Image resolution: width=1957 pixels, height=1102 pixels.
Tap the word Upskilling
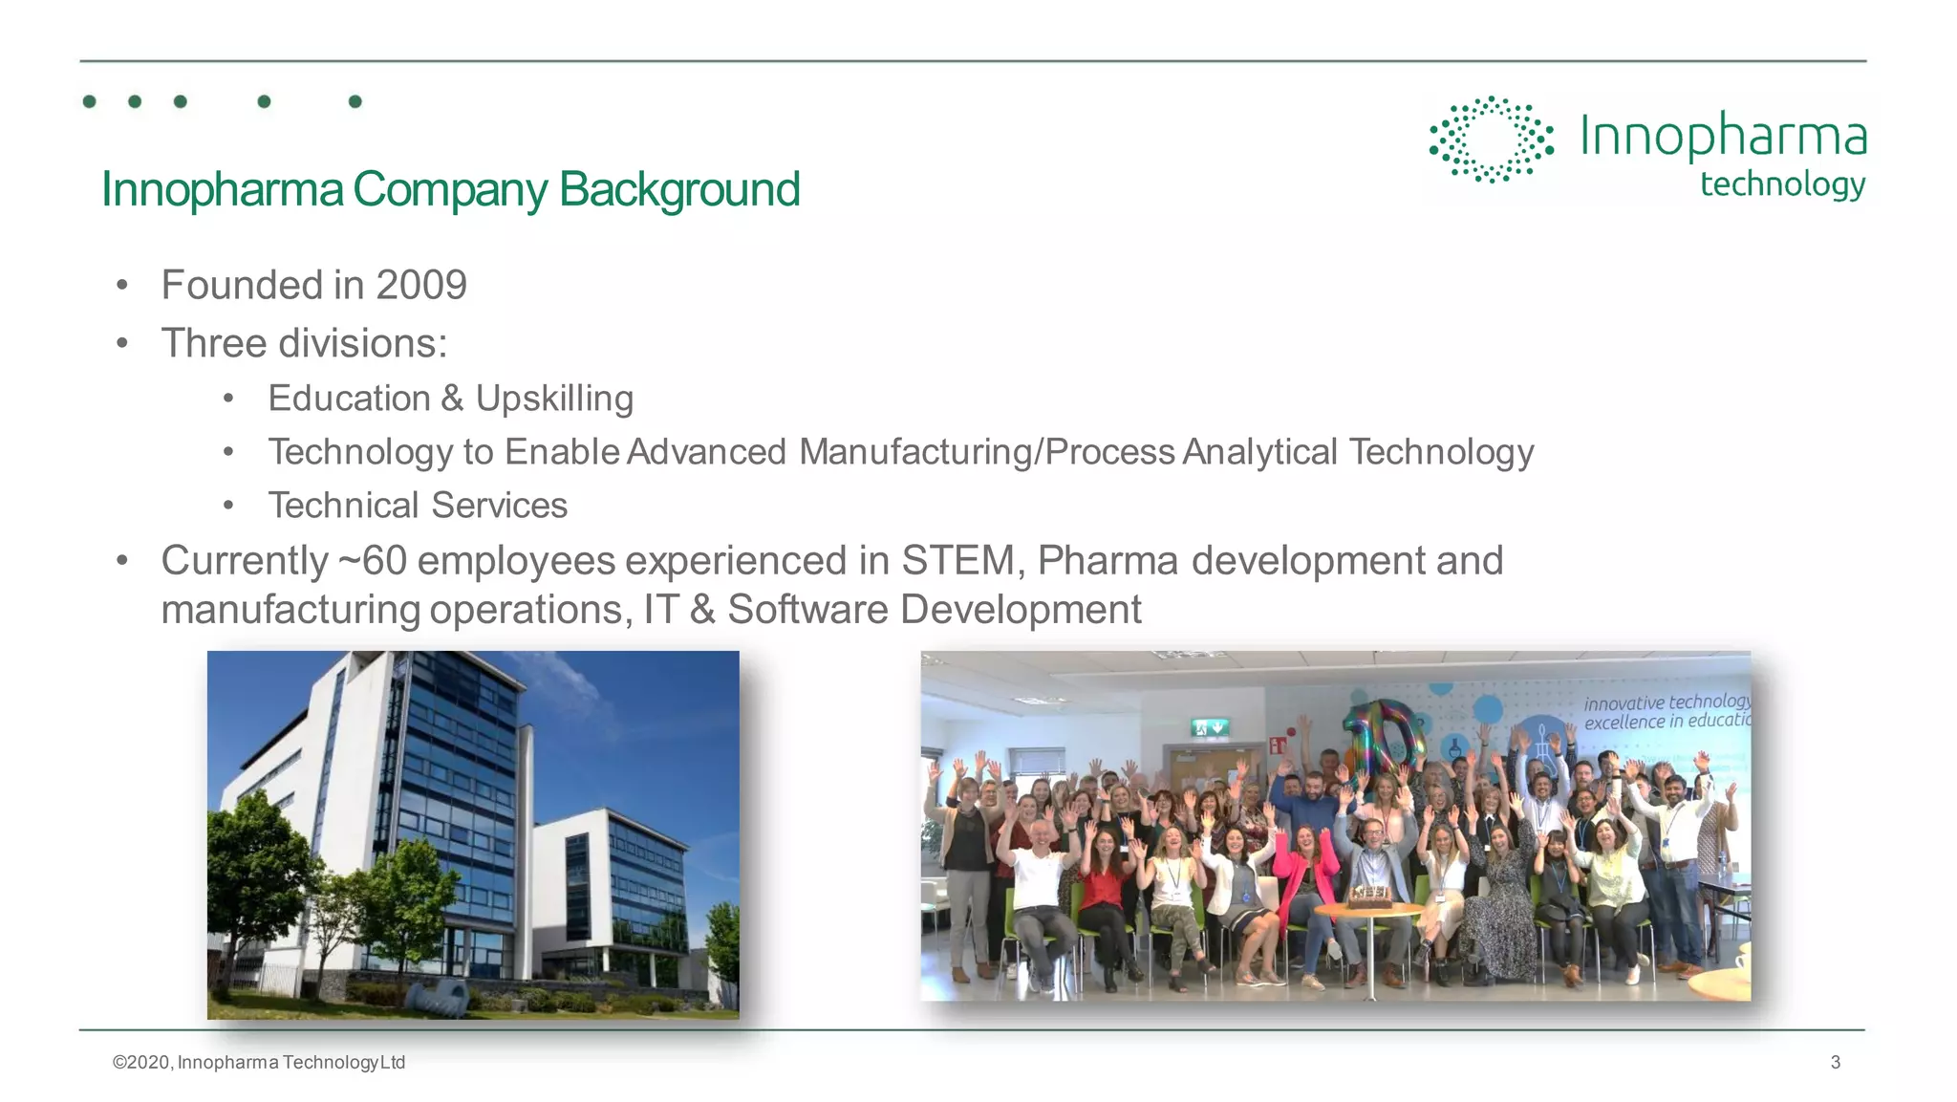click(x=554, y=399)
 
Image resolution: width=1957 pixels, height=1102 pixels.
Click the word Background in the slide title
click(x=678, y=189)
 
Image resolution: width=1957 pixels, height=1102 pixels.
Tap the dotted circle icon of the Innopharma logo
click(x=1491, y=140)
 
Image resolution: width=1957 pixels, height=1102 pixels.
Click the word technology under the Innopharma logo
click(x=1782, y=184)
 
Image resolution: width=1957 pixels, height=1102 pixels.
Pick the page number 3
click(x=1835, y=1062)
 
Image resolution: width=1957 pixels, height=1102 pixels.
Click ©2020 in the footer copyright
click(x=142, y=1063)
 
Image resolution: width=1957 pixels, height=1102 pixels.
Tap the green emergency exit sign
click(x=1209, y=728)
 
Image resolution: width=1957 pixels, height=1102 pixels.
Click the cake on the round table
click(x=1369, y=896)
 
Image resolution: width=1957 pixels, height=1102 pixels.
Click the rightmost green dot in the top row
click(x=355, y=101)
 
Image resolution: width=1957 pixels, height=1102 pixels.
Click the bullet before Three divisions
click(x=122, y=344)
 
